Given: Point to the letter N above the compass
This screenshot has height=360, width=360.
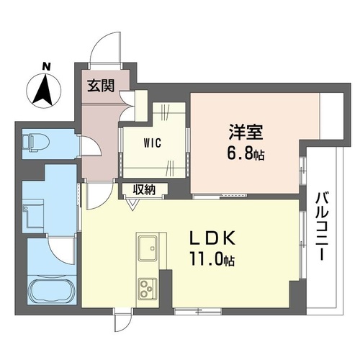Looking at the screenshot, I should (x=45, y=67).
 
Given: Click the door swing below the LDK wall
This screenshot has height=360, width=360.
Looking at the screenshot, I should (x=122, y=320).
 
